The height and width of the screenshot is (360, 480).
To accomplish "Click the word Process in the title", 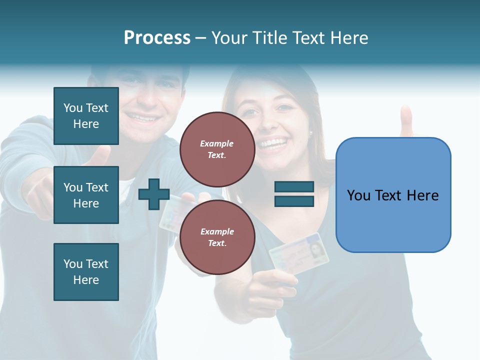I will point(157,38).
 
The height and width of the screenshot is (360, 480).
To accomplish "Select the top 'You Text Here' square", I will point(86,116).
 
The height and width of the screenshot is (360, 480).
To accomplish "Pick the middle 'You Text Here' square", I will point(86,195).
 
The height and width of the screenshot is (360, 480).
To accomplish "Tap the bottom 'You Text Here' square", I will point(86,271).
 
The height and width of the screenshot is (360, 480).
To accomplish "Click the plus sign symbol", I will point(154,194).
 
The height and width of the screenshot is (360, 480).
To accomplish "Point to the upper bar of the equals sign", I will point(294,187).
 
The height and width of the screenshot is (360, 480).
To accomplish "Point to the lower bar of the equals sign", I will point(294,201).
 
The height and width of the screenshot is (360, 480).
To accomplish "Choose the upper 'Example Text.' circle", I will point(217,149).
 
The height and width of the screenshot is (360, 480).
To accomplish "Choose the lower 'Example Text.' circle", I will point(217,237).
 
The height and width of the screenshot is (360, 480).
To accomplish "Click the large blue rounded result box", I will point(393,194).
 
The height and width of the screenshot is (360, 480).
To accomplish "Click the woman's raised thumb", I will point(406,120).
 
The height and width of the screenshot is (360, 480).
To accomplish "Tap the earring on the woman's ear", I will point(310,133).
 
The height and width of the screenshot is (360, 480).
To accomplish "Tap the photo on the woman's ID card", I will point(315,248).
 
